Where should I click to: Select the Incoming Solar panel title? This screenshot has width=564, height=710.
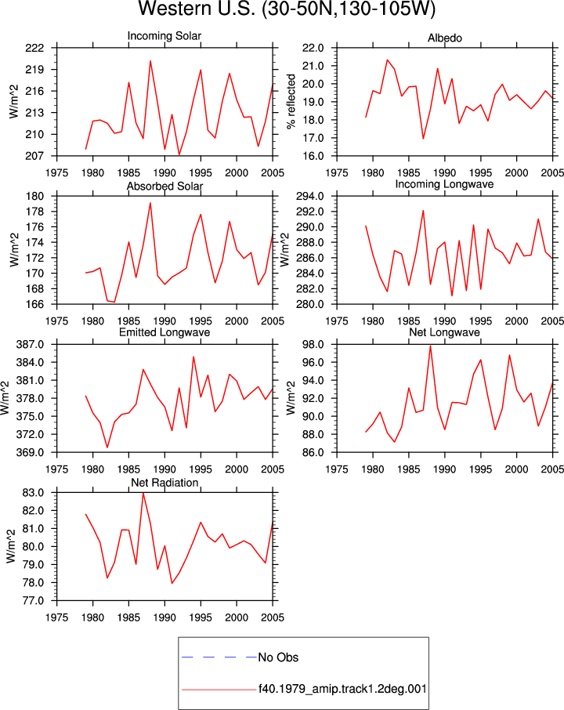[x=164, y=36]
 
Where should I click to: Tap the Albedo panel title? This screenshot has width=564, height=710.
[x=444, y=38]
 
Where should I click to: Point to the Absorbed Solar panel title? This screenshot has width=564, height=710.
[x=164, y=186]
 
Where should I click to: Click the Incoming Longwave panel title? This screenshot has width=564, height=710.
[x=444, y=184]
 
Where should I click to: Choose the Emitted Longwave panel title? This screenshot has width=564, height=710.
[x=164, y=332]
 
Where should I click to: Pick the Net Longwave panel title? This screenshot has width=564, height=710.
[x=444, y=332]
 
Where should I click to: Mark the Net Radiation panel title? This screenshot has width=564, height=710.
[x=164, y=483]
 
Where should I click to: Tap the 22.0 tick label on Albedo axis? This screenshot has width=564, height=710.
[x=313, y=48]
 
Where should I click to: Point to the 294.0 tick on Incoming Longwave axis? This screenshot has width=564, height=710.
[x=310, y=197]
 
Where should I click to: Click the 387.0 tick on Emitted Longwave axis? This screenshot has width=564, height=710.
[x=31, y=345]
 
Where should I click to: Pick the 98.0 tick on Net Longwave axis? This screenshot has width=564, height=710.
[x=313, y=345]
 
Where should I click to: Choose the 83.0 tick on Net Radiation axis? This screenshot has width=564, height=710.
[x=33, y=493]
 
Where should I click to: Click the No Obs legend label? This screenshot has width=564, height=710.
[x=278, y=657]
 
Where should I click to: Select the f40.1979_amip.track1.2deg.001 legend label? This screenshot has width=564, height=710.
[x=342, y=689]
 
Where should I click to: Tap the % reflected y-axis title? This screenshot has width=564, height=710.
[x=291, y=102]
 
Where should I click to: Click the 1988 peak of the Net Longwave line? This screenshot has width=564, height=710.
[x=430, y=346]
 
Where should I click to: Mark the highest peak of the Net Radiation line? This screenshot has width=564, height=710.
[x=143, y=493]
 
